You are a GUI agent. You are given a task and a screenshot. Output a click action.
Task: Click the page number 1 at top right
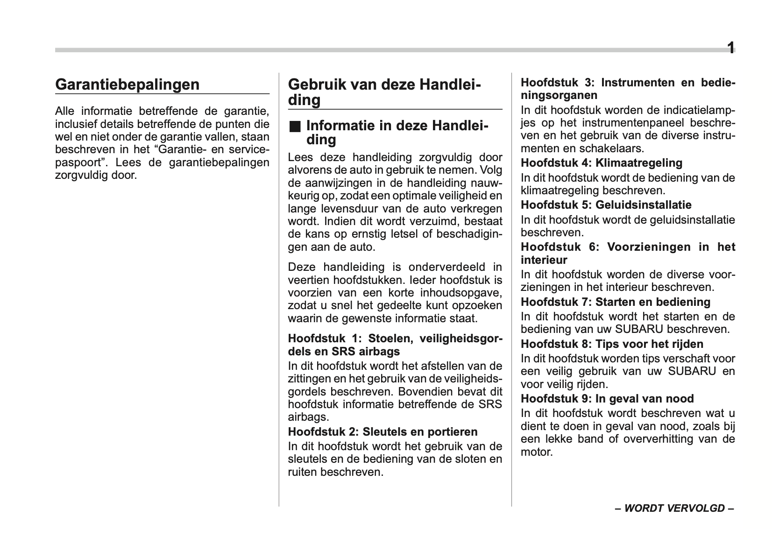coord(730,48)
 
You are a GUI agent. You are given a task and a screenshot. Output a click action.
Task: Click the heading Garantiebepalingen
coord(127,85)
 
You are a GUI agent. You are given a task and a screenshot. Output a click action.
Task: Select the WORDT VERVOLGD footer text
coord(674,509)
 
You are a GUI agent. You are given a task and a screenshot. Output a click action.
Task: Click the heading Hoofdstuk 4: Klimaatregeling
coord(601,163)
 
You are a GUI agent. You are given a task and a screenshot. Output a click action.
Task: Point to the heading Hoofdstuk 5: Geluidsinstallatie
coord(606,205)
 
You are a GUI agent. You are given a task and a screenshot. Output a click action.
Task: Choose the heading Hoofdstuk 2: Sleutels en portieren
coord(382,431)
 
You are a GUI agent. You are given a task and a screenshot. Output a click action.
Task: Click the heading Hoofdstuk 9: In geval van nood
coord(607,398)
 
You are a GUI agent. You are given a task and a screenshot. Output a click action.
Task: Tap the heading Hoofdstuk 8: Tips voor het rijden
coord(612,344)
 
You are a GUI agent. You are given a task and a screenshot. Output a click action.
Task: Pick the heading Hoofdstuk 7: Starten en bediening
coord(616,302)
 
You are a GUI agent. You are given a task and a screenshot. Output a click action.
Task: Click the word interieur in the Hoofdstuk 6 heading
coord(544,260)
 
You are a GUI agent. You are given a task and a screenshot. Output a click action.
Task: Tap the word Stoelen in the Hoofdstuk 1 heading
coord(389,338)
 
